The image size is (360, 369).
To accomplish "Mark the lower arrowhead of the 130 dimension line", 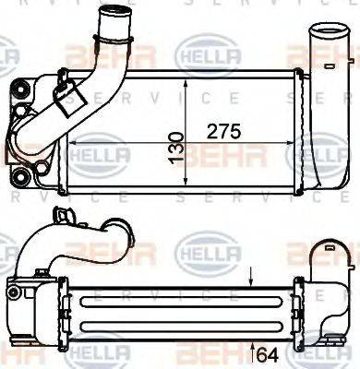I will pos(187,188).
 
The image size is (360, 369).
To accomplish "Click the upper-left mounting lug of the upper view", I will pos(18,90).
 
